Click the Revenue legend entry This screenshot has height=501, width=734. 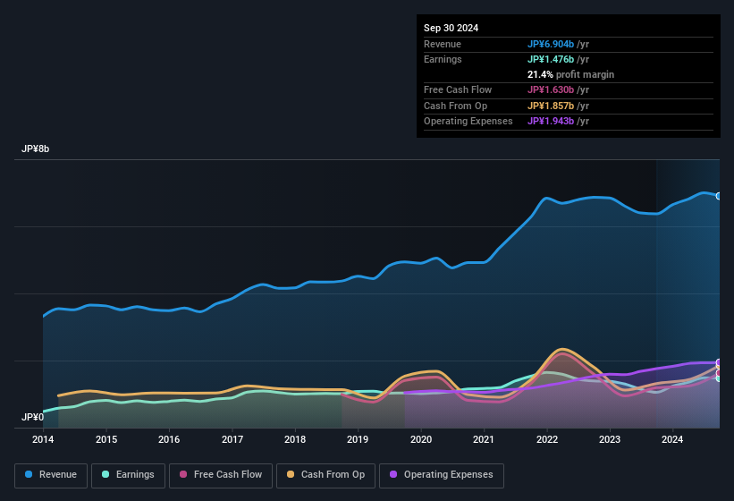point(52,475)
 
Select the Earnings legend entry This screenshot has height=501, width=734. point(128,475)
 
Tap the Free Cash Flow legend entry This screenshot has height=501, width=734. point(221,475)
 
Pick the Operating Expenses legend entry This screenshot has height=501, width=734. point(442,475)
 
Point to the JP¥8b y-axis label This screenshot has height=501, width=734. point(36,149)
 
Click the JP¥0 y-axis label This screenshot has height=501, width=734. point(33,418)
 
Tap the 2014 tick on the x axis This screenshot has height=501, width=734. point(43,439)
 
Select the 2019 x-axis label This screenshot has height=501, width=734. point(358,439)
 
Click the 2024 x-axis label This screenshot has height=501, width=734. point(672,439)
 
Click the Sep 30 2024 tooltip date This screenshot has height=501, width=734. point(451,28)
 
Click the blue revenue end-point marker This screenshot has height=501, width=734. point(719,196)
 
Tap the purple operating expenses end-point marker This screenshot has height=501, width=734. point(719,363)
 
